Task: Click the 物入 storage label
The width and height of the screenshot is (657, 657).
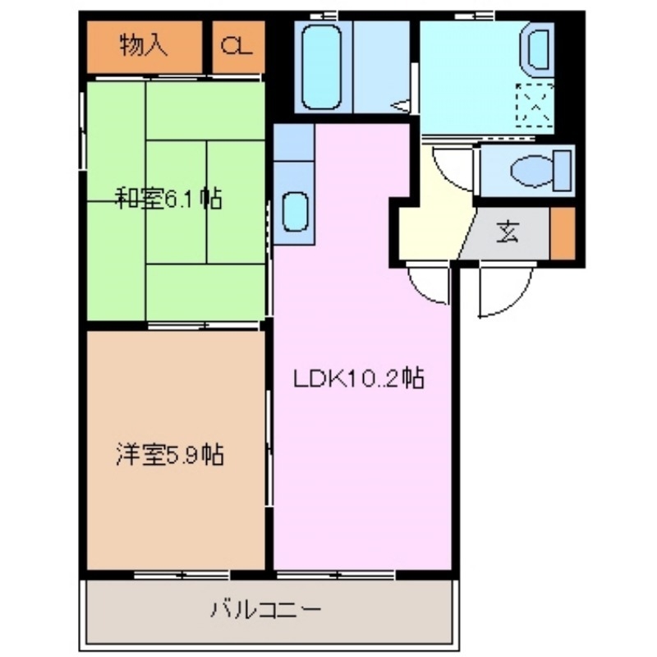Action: [x=143, y=46]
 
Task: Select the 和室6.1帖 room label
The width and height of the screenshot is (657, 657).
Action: [x=168, y=200]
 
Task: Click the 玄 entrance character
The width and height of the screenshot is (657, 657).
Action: [x=507, y=233]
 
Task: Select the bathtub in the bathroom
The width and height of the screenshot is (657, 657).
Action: [x=321, y=67]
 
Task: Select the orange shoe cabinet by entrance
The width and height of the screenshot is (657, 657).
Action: [x=563, y=233]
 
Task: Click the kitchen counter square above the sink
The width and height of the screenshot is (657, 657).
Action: [x=293, y=142]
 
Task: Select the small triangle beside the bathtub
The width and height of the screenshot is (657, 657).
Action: [x=402, y=105]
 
